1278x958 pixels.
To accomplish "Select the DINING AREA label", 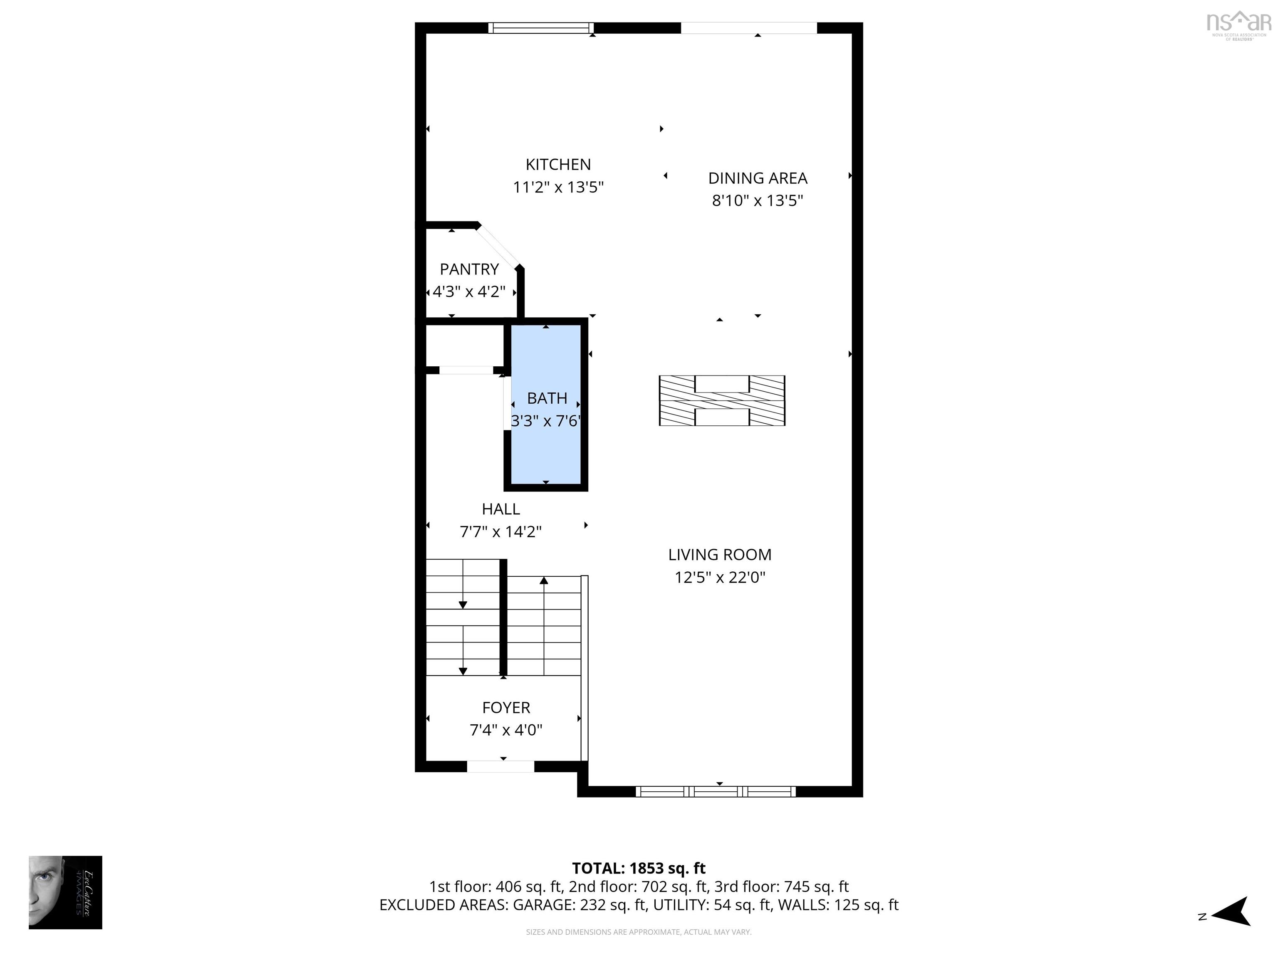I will click(758, 178).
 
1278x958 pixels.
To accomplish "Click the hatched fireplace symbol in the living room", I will click(722, 401).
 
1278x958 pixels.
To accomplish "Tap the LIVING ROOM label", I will click(719, 554).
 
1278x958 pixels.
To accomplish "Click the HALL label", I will click(500, 509).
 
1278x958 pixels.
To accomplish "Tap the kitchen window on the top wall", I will click(541, 28).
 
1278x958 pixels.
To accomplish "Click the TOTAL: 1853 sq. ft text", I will click(639, 868).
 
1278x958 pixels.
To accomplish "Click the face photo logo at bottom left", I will click(65, 892).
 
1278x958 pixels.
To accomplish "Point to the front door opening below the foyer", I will click(500, 766).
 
